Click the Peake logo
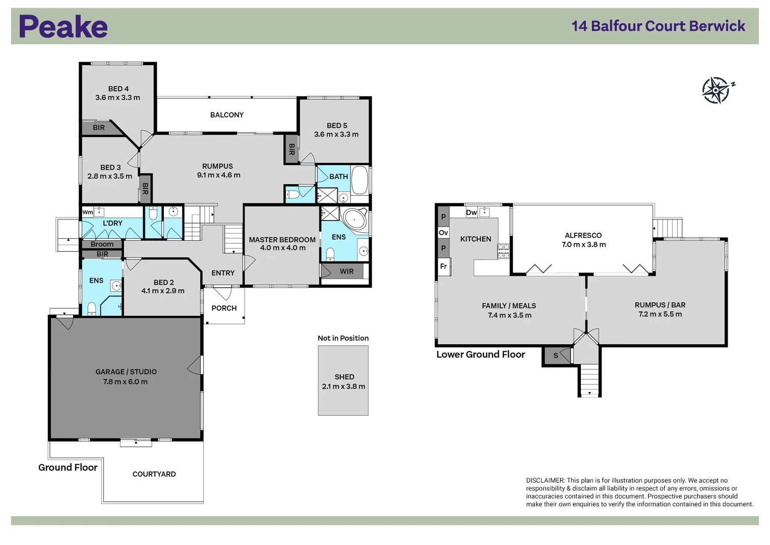63,26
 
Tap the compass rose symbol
717,90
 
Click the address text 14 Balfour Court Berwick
658,26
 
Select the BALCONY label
227,115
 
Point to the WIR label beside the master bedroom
346,271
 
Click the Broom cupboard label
102,244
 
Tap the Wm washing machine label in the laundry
88,212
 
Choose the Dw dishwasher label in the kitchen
471,212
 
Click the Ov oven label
443,233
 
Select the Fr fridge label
443,266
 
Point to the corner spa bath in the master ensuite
354,219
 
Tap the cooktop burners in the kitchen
503,251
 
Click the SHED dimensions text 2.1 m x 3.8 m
343,387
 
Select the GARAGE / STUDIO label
126,372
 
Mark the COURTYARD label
154,474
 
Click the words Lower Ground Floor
481,354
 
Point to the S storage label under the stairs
556,356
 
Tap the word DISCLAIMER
545,480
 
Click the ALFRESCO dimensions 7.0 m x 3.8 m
584,245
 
